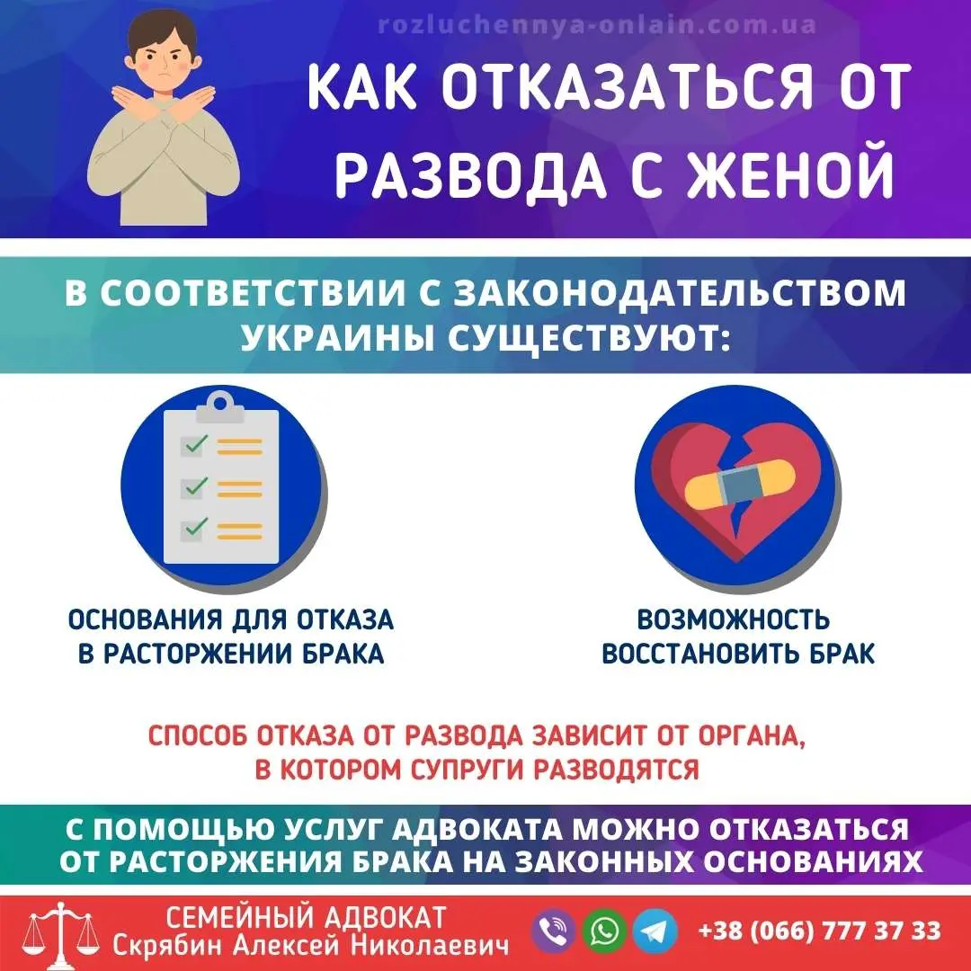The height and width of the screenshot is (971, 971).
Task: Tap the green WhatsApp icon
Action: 605,931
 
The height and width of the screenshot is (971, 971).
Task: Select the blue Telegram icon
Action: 655,931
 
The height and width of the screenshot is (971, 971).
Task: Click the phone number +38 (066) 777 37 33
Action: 819,930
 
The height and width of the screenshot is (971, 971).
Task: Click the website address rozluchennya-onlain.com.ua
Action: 597,24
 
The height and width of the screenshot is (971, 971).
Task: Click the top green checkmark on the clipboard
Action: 196,444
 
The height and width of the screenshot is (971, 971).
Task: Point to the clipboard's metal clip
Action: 220,410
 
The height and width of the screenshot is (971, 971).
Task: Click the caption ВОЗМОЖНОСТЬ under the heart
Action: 733,619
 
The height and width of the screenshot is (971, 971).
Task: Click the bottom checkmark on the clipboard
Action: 196,528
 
